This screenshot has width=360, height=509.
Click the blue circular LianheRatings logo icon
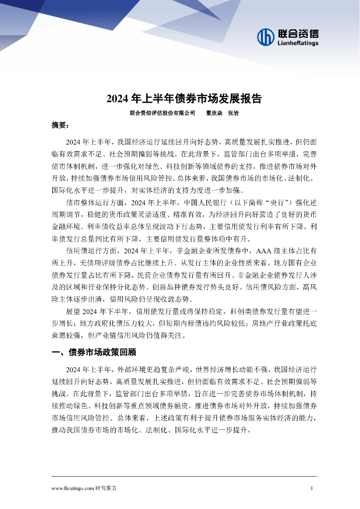point(266,37)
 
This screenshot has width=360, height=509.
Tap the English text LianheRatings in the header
point(297,43)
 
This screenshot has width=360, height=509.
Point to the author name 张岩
point(233,113)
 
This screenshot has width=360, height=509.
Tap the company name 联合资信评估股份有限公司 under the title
point(162,113)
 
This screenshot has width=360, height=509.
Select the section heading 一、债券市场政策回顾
point(94,353)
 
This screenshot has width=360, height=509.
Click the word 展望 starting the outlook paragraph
point(73,312)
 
